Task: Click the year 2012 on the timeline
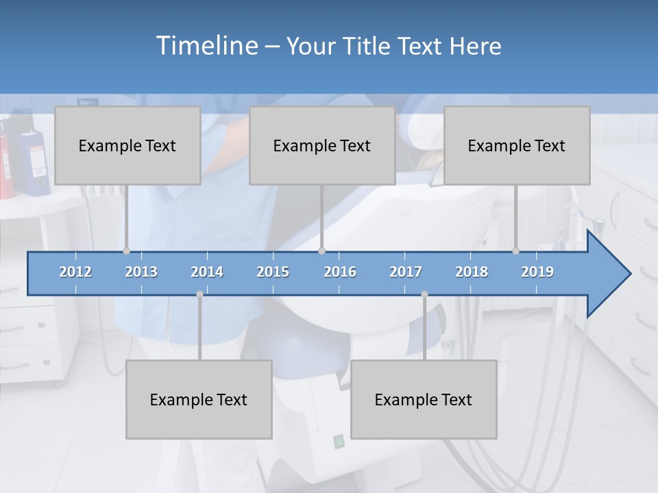pyautogui.click(x=75, y=272)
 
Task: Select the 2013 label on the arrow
pyautogui.click(x=141, y=272)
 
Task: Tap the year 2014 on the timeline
pyautogui.click(x=207, y=272)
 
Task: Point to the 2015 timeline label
pyautogui.click(x=273, y=272)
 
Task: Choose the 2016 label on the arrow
pyautogui.click(x=340, y=272)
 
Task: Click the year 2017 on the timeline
pyautogui.click(x=406, y=272)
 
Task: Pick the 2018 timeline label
pyautogui.click(x=472, y=272)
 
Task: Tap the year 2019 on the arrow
pyautogui.click(x=537, y=272)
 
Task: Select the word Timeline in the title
pyautogui.click(x=206, y=46)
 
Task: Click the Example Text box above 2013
pyautogui.click(x=127, y=145)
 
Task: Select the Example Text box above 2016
pyautogui.click(x=322, y=145)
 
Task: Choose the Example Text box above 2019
pyautogui.click(x=517, y=145)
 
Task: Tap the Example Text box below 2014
pyautogui.click(x=199, y=399)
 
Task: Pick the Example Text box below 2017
pyautogui.click(x=424, y=399)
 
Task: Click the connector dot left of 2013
pyautogui.click(x=126, y=251)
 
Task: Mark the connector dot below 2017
pyautogui.click(x=424, y=294)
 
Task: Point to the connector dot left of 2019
pyautogui.click(x=515, y=251)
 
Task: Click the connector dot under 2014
pyautogui.click(x=199, y=294)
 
